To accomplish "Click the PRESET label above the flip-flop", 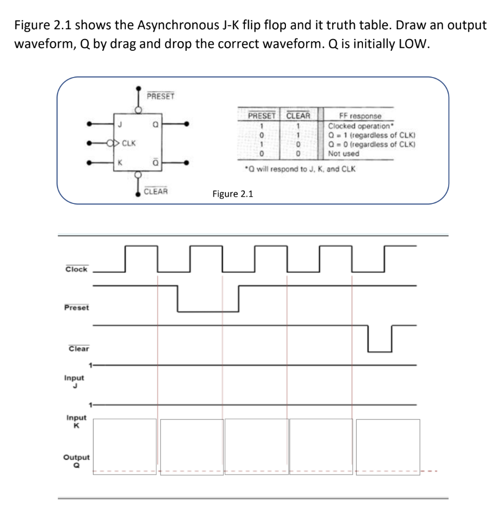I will (161, 96).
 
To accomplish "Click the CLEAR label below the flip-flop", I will (156, 191).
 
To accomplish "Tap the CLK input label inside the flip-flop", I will (129, 143).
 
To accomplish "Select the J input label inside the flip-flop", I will (120, 123).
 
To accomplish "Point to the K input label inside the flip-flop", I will (120, 163).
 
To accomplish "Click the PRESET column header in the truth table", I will (262, 116).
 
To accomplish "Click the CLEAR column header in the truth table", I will (298, 116).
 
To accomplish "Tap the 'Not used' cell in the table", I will (343, 154).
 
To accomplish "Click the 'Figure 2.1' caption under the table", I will (233, 194).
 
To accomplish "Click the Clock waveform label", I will (77, 269).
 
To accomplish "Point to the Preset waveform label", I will (77, 307).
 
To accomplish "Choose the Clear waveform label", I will (79, 348).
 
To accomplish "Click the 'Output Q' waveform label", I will (76, 460).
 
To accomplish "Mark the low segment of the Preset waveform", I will (208, 311).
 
